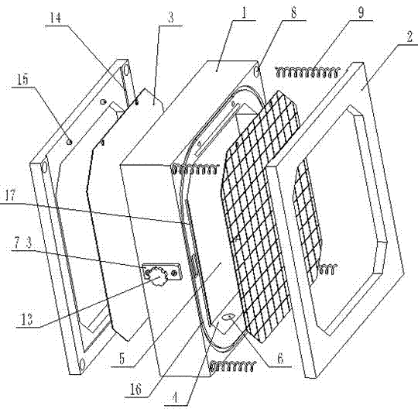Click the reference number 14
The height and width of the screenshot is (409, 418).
pyautogui.click(x=56, y=18)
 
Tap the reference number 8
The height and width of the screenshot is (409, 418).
pyautogui.click(x=293, y=12)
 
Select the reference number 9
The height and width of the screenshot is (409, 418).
pyautogui.click(x=361, y=13)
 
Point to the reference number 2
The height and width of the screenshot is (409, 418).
pyautogui.click(x=409, y=37)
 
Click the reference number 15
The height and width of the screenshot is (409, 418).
pyautogui.click(x=22, y=80)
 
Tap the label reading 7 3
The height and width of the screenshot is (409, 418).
pyautogui.click(x=23, y=243)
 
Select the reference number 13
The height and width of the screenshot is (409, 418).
pyautogui.click(x=27, y=319)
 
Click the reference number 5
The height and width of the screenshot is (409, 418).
pyautogui.click(x=122, y=359)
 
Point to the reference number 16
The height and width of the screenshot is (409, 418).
pyautogui.click(x=135, y=390)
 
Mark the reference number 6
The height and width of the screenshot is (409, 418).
pyautogui.click(x=280, y=359)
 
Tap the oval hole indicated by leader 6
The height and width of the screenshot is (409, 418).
pyautogui.click(x=228, y=316)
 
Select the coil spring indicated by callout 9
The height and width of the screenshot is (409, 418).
pyautogui.click(x=307, y=72)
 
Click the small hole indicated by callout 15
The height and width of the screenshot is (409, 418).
pyautogui.click(x=69, y=143)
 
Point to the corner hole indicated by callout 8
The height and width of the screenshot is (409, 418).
pyautogui.click(x=257, y=71)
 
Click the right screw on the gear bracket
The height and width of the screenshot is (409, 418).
pyautogui.click(x=174, y=273)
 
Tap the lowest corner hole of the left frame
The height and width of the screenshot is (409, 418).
pyautogui.click(x=83, y=364)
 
